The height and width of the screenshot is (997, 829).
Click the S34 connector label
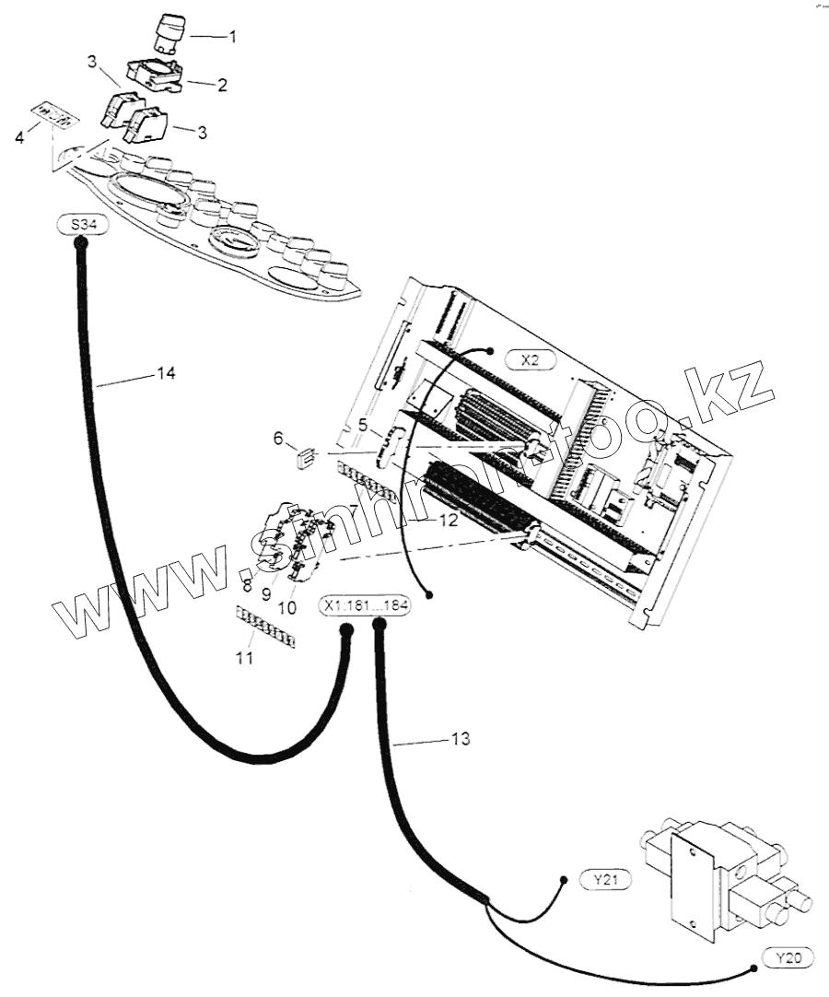[x=80, y=225]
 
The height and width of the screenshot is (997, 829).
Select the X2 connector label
[x=529, y=359]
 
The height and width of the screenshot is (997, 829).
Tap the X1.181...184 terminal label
[x=365, y=607]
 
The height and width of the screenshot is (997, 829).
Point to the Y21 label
[x=605, y=880]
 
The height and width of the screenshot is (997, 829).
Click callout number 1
[x=232, y=38]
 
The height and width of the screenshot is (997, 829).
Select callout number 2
[x=222, y=85]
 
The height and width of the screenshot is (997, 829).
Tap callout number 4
[x=20, y=139]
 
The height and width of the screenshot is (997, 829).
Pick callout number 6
[x=278, y=440]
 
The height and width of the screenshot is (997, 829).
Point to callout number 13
[x=461, y=739]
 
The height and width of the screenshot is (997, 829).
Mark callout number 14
[x=166, y=373]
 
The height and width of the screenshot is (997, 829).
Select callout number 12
[x=448, y=521]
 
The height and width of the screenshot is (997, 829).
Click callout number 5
[x=363, y=426]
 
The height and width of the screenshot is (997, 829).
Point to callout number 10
[x=286, y=608]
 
